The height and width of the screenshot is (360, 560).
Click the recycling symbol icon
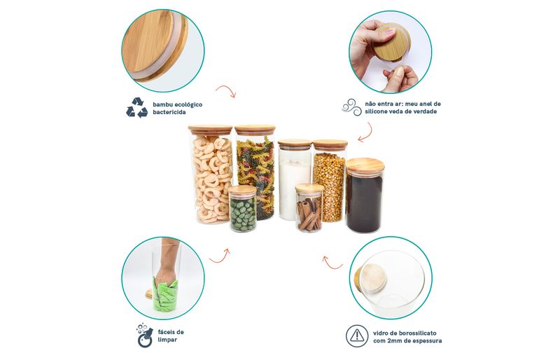(136, 108)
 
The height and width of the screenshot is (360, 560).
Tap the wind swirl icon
(352, 107)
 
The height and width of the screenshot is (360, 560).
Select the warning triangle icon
(357, 335)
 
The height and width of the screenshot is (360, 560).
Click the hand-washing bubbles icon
(145, 335)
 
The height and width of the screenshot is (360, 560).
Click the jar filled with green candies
(242, 209)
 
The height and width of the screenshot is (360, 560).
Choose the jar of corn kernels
(330, 181)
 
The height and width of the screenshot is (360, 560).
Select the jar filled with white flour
(295, 179)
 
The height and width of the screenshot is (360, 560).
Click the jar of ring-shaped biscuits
(210, 174)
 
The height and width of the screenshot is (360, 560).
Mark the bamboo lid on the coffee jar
(365, 166)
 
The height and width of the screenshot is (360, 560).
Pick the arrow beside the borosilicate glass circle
(331, 263)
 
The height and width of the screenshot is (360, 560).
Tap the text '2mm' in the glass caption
(395, 340)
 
